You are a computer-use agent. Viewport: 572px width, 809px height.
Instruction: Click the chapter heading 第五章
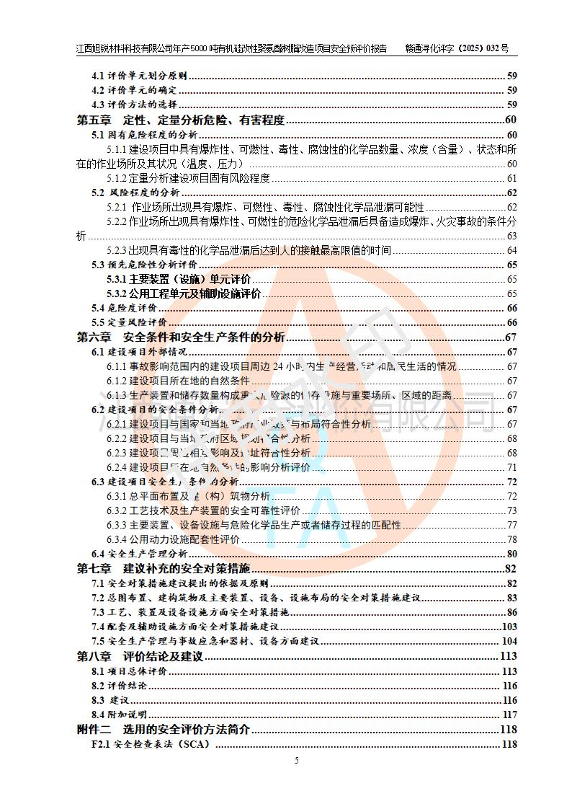click(94, 120)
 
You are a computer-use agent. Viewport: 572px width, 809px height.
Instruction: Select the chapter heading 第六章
click(94, 337)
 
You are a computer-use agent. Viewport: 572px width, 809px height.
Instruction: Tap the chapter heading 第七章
click(94, 569)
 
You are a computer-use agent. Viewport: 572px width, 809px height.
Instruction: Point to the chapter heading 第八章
click(94, 656)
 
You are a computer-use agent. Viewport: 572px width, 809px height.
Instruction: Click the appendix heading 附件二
click(94, 730)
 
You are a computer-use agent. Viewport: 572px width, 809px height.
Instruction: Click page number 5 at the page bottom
click(296, 760)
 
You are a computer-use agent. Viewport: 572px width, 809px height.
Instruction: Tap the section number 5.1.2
click(117, 179)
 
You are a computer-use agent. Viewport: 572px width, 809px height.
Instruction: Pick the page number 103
click(509, 627)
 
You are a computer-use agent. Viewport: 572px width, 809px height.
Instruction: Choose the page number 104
click(509, 642)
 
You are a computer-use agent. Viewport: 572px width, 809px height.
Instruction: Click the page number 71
click(512, 468)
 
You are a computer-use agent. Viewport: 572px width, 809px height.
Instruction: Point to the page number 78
click(512, 540)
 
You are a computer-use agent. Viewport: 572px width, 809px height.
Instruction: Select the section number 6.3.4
click(117, 540)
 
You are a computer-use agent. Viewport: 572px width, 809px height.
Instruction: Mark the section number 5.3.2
click(117, 294)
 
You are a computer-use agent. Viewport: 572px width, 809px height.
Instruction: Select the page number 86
click(511, 613)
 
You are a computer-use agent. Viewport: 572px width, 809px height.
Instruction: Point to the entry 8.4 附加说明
click(120, 715)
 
